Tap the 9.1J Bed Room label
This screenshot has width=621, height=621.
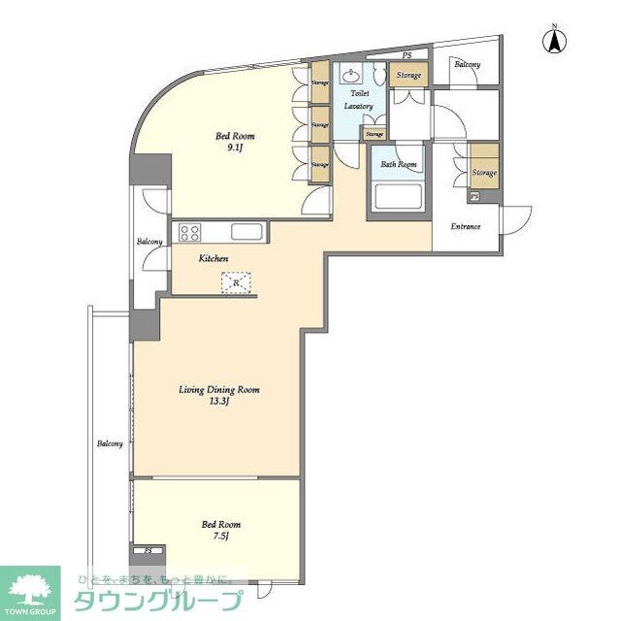[x=235, y=143]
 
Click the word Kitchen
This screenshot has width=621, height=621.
[x=213, y=259]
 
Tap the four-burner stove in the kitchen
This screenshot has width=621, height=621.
[x=188, y=232]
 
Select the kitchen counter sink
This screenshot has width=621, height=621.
[x=245, y=232]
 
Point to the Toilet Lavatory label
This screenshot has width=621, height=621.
[x=351, y=100]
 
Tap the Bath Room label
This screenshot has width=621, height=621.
[x=398, y=165]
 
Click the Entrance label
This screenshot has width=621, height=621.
[x=467, y=227]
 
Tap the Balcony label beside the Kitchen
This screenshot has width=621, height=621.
[x=149, y=242]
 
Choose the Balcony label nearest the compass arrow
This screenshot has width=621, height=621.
[x=467, y=64]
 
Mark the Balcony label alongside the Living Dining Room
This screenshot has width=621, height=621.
[x=109, y=444]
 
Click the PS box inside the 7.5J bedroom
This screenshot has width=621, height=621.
[x=147, y=551]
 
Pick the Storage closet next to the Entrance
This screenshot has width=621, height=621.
[x=483, y=173]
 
